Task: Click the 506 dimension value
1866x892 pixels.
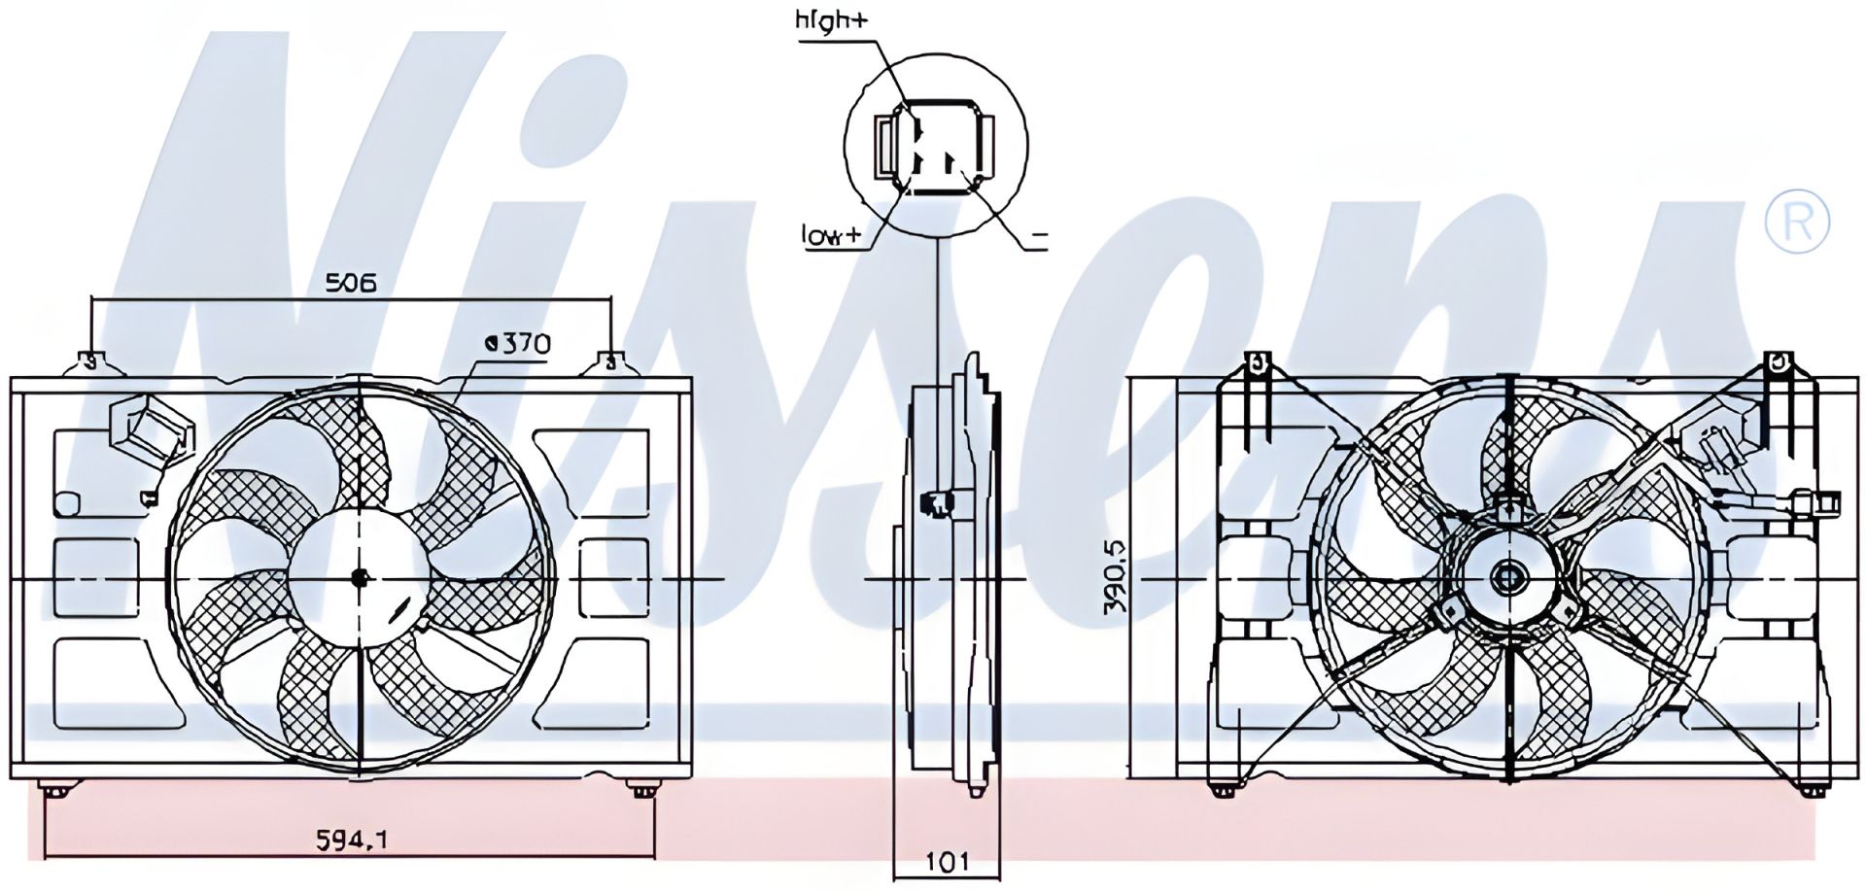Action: (x=350, y=284)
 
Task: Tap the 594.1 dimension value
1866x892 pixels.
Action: (x=352, y=838)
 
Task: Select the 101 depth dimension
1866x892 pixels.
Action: (x=947, y=861)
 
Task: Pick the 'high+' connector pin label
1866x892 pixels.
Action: (x=830, y=21)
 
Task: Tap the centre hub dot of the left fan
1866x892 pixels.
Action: (x=361, y=578)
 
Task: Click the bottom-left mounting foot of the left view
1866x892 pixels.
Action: (x=55, y=789)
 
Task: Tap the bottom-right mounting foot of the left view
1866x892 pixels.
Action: (x=640, y=789)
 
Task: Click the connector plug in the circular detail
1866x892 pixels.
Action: (x=935, y=147)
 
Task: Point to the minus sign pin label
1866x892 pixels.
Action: (x=1039, y=236)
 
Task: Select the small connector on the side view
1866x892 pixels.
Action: (x=937, y=501)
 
